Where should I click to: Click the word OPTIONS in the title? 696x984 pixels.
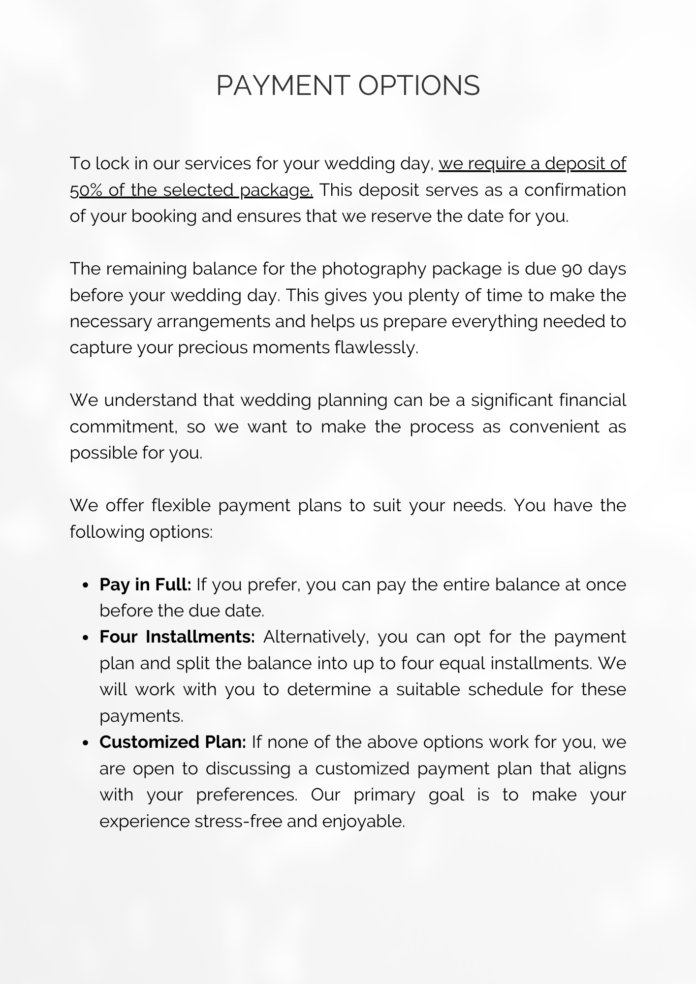[x=418, y=86]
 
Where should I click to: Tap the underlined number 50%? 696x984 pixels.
[x=86, y=190]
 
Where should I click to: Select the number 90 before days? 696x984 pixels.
[x=571, y=269]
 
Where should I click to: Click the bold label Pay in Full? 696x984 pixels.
[x=145, y=584]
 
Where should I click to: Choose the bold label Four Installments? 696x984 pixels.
[x=177, y=637]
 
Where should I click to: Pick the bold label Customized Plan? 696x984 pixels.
[x=173, y=742]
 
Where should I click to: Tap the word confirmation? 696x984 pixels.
[x=574, y=190]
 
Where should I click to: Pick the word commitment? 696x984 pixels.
[x=124, y=427]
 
